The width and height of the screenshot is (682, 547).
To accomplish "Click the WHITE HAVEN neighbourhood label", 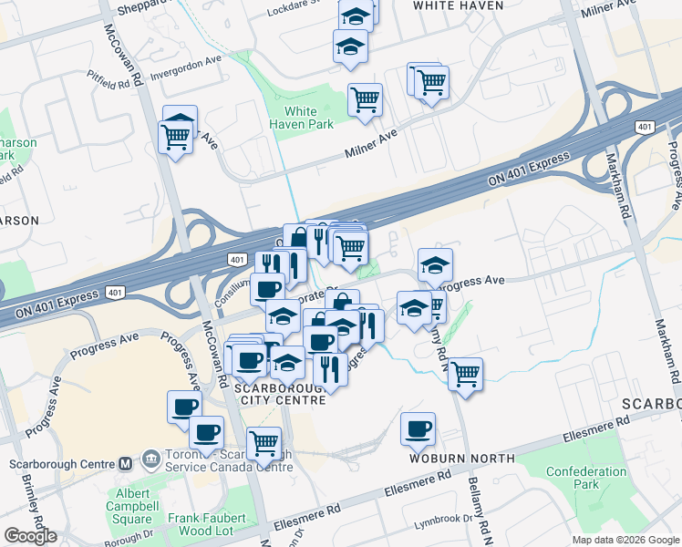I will click(x=458, y=5).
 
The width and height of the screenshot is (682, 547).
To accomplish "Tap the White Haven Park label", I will click(x=294, y=119).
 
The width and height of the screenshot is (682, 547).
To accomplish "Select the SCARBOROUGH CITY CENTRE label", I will click(x=281, y=394).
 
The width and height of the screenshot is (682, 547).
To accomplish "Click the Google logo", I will click(x=30, y=536).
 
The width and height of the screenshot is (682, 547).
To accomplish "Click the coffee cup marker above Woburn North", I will click(x=418, y=429).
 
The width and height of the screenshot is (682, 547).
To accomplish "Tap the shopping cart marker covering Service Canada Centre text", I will click(x=263, y=444).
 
